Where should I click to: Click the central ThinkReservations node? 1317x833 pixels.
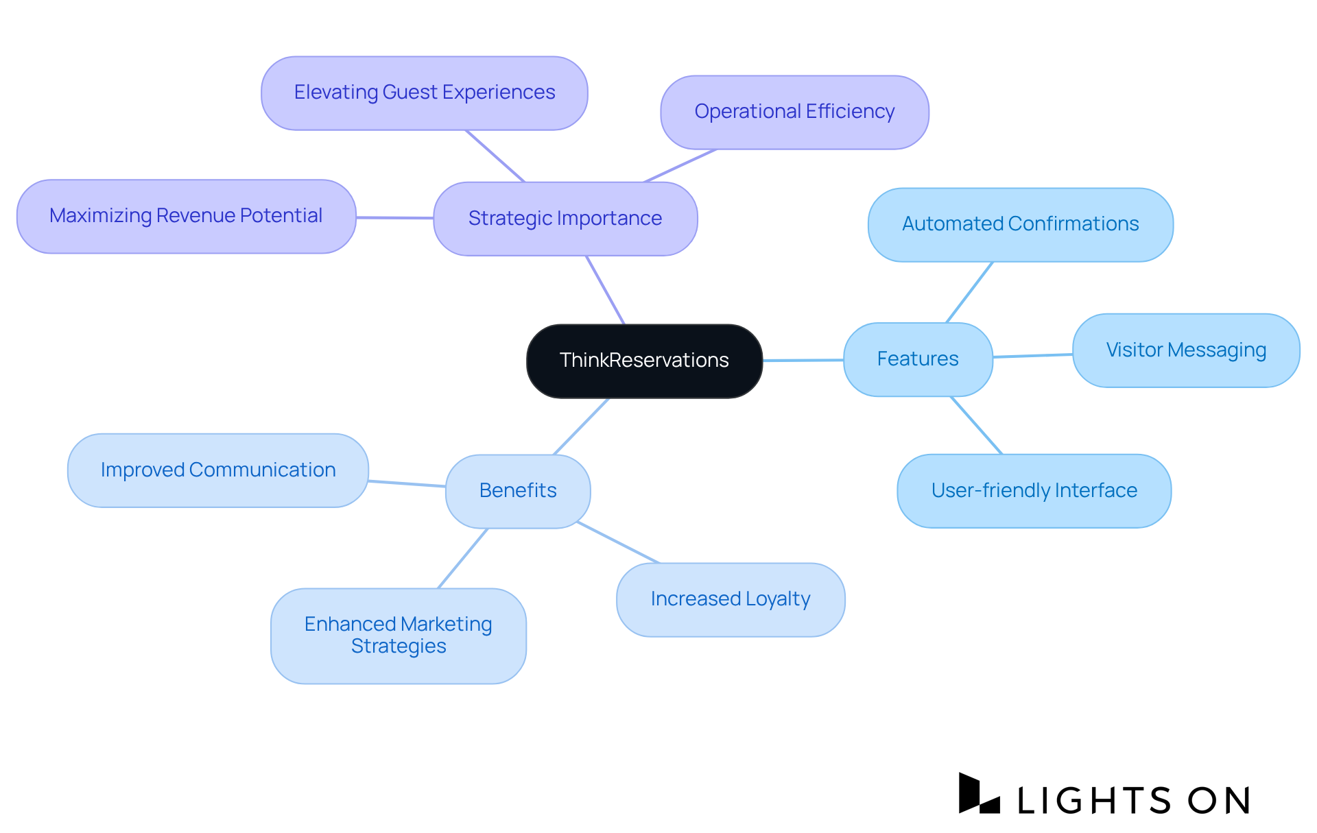(644, 361)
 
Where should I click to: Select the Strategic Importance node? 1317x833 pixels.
(565, 219)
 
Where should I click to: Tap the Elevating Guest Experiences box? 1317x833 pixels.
(424, 93)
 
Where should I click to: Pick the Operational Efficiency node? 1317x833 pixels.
(794, 112)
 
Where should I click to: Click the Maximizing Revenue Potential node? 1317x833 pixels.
(186, 216)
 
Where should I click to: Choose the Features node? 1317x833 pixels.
(917, 359)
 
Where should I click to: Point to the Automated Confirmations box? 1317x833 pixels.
(1020, 224)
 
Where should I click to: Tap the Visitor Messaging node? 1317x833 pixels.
(1185, 350)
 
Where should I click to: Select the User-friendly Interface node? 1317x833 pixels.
(1034, 491)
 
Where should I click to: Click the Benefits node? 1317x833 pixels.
(518, 491)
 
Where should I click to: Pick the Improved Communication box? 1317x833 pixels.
(218, 470)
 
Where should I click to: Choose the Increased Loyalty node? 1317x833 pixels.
(731, 599)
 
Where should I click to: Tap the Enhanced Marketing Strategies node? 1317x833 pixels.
(398, 636)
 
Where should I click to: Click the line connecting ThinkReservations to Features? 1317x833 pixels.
(803, 360)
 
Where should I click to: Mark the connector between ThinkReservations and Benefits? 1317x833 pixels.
(581, 426)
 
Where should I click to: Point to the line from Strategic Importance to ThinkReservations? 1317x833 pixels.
(605, 289)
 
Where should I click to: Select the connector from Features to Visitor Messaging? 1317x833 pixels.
(1032, 356)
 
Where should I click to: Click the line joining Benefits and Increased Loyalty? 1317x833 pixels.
(617, 542)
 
